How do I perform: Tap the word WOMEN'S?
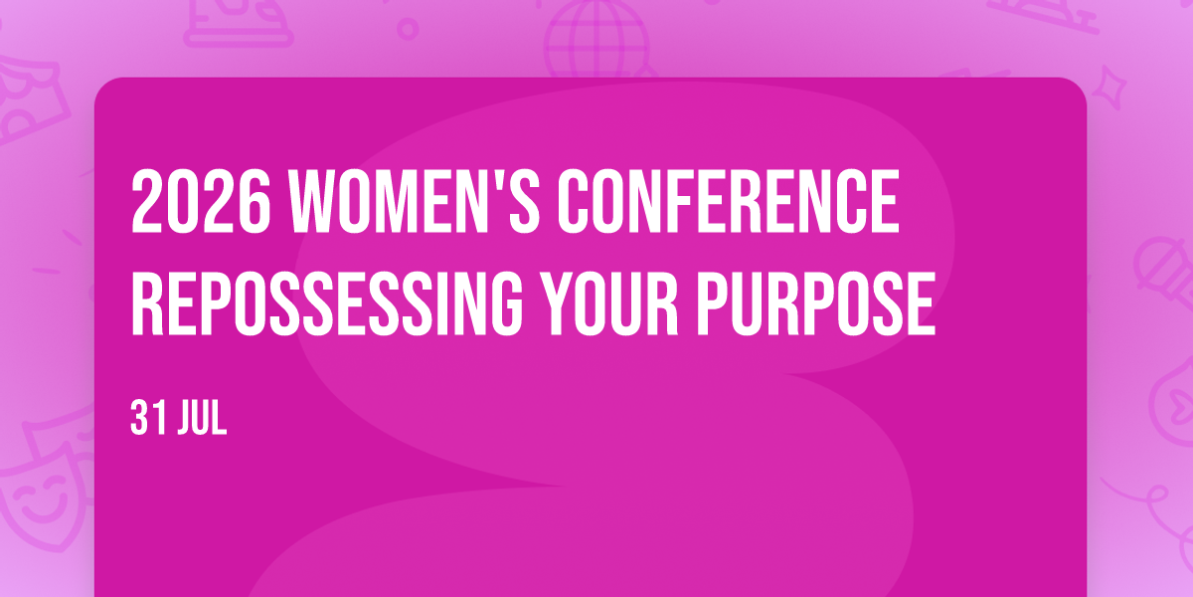tap(415, 200)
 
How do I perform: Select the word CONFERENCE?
tap(728, 200)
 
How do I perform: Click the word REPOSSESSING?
tap(327, 302)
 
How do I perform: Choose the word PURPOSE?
tap(816, 302)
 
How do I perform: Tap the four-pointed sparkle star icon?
tap(1109, 88)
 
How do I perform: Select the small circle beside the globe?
tap(408, 29)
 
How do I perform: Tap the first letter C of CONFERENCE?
tap(575, 200)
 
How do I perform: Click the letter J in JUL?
tap(185, 418)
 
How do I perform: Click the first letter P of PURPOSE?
tap(712, 302)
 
